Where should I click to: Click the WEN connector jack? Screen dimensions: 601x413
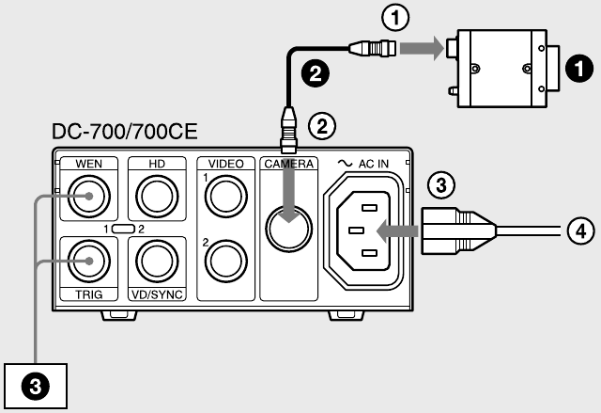coord(89,196)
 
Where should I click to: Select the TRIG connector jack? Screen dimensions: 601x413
coord(89,261)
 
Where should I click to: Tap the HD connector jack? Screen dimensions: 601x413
coord(157,196)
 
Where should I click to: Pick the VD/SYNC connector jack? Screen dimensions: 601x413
coord(157,261)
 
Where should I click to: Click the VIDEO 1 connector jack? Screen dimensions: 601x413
coord(226,196)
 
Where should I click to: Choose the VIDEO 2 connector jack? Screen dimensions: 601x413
coord(226,261)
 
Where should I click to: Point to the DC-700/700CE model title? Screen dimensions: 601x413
coord(125,132)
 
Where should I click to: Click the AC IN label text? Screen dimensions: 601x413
coord(374,164)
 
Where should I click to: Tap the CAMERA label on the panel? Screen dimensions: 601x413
coord(288,164)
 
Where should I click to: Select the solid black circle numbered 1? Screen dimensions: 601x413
coord(579,69)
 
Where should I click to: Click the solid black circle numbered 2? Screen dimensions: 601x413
coord(316,73)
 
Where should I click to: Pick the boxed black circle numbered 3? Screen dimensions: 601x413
coord(36,386)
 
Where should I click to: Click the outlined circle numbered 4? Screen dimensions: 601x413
coord(581,231)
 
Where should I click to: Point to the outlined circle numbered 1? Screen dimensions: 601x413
coord(395,17)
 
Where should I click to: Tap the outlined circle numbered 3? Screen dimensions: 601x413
coord(441,185)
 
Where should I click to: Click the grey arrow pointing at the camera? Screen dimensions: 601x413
coord(422,48)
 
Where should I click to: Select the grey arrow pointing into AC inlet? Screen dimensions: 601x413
coord(397,231)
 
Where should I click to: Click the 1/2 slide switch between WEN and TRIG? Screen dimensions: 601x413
coord(123,230)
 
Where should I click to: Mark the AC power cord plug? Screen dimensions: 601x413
coord(458,231)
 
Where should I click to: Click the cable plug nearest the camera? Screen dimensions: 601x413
coord(373,48)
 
